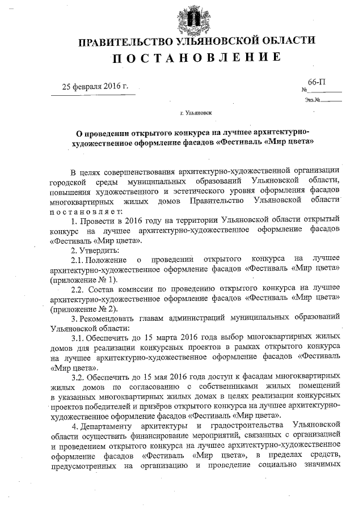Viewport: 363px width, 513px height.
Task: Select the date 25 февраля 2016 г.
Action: [x=95, y=87]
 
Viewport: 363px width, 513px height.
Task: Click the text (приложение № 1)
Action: [x=83, y=279]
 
